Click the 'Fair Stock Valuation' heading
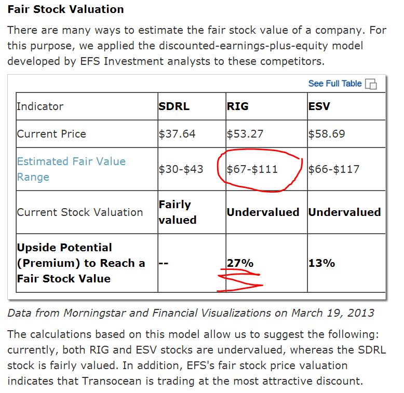coord(65,9)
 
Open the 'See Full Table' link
coord(334,83)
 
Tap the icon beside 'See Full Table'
coord(371,84)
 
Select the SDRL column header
coord(174,106)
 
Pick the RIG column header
coord(238,106)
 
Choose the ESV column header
coord(319,106)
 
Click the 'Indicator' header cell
coord(40,106)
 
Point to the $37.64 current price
coord(177,134)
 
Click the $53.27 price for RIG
coord(245,134)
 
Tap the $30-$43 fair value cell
coord(181,169)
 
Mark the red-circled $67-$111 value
coord(253,169)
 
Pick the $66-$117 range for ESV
coord(334,169)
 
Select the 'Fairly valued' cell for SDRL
coord(177,212)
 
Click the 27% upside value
coord(240,263)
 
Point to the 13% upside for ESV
coord(321,263)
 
